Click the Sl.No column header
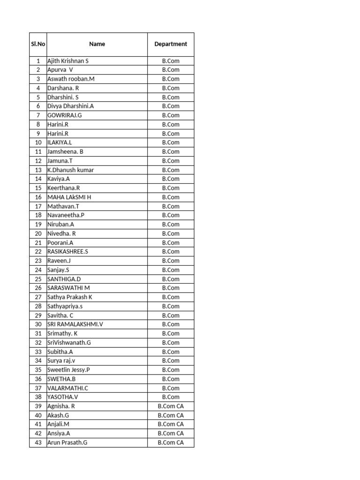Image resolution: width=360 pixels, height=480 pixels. click(38, 44)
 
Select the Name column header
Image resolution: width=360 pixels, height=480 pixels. click(97, 44)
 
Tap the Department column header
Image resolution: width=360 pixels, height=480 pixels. click(171, 44)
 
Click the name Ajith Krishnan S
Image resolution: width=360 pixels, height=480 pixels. click(68, 61)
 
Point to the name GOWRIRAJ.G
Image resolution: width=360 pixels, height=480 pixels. click(65, 115)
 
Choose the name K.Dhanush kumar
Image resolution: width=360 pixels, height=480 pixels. click(71, 170)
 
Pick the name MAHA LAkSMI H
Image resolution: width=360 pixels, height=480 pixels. click(69, 197)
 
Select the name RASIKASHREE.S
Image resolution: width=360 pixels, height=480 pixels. click(68, 252)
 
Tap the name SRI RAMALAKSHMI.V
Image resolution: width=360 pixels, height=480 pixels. click(75, 324)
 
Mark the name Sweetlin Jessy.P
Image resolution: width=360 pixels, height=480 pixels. click(69, 370)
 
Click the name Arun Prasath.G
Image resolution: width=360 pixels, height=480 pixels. click(67, 442)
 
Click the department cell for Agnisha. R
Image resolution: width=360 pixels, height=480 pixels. click(171, 406)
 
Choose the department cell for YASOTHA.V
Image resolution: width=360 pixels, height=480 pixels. click(171, 397)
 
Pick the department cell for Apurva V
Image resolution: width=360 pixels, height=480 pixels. click(171, 70)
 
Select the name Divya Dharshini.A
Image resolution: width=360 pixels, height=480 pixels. click(71, 106)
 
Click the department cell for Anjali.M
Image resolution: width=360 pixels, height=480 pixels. click(171, 424)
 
